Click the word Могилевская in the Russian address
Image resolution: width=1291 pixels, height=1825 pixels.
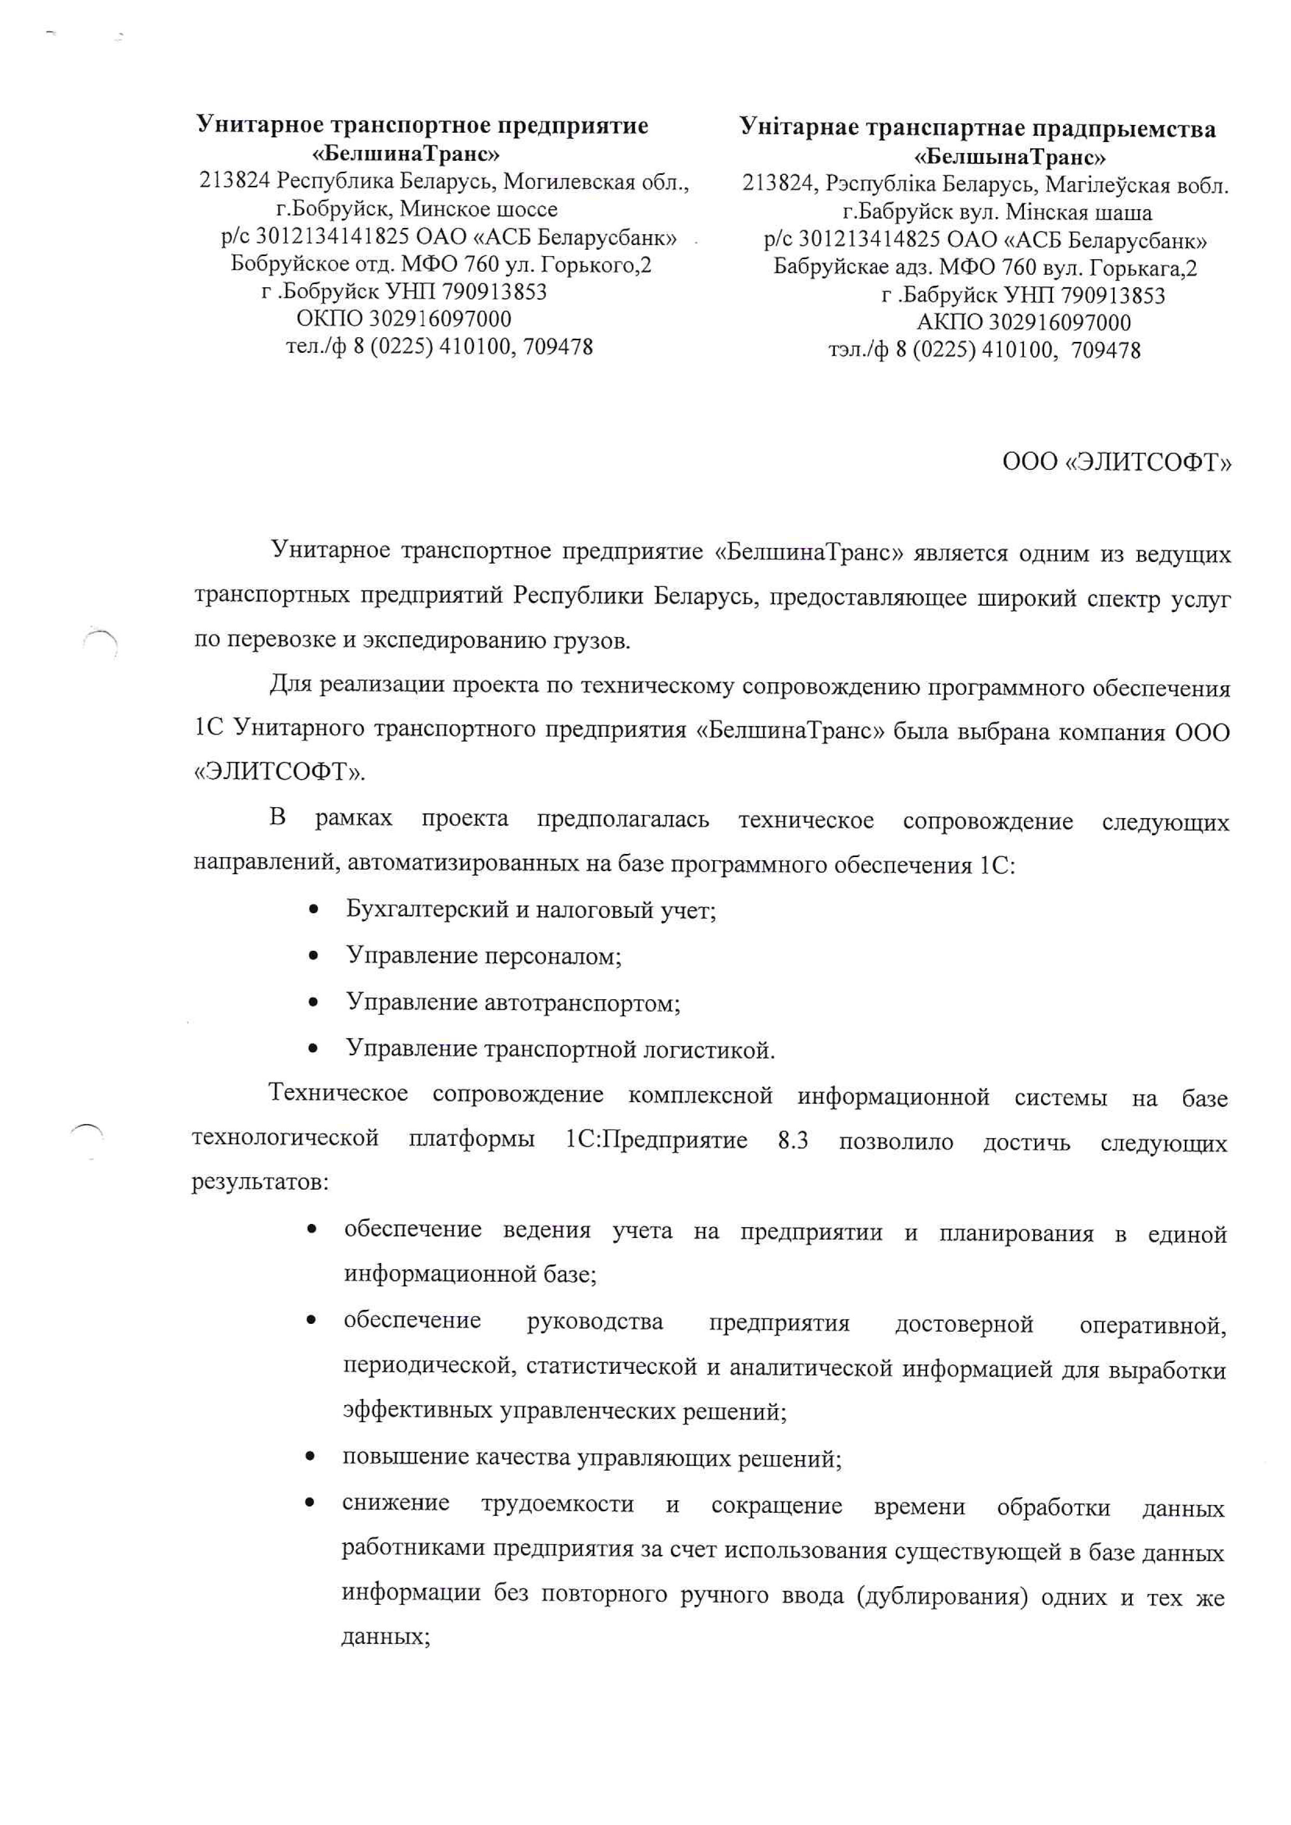[569, 182]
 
